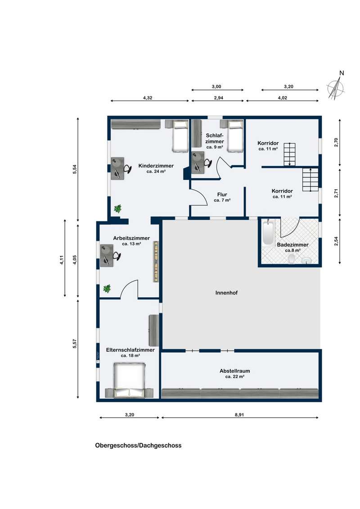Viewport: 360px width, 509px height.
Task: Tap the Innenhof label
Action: click(226, 293)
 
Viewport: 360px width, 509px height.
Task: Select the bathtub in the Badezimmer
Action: click(268, 232)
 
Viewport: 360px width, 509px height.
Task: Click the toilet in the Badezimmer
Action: click(292, 259)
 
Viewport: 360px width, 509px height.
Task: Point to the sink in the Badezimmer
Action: click(306, 260)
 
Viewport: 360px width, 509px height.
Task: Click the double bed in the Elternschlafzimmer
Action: click(129, 380)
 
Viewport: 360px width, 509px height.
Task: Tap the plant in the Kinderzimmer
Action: click(117, 208)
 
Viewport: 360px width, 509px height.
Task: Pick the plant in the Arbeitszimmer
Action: click(107, 288)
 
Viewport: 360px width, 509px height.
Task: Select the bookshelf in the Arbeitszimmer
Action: click(156, 261)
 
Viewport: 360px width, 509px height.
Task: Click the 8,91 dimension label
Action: click(239, 415)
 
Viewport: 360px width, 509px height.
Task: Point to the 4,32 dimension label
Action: click(148, 98)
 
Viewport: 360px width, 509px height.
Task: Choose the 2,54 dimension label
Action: click(336, 241)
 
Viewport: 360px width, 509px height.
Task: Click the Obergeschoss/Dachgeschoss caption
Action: click(139, 445)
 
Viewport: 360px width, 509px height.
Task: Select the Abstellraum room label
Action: click(234, 371)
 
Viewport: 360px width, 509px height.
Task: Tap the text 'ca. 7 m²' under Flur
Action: click(222, 200)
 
